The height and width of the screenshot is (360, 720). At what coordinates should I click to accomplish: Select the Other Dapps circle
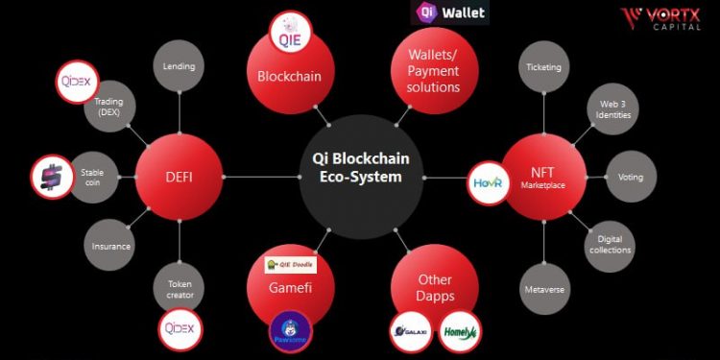coord(433,287)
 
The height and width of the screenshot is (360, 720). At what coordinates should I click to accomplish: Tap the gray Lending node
coord(179,66)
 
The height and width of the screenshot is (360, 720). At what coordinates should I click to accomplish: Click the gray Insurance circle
coord(111,246)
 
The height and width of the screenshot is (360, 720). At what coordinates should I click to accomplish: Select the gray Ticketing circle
coord(543,67)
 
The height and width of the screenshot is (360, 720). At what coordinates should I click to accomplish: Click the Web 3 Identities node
coord(612,108)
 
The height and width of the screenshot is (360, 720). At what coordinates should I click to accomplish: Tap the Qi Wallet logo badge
coord(449,12)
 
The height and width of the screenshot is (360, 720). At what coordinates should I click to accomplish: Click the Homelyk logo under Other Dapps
coord(460,332)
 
